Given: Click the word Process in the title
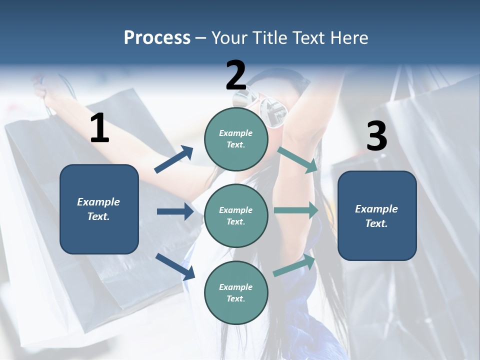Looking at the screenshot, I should [157, 38].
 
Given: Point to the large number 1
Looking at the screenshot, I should [99, 128].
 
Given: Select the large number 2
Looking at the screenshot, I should [236, 75].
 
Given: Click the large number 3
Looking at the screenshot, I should [376, 136].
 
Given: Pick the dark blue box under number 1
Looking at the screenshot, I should [99, 209].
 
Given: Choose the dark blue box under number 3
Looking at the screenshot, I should [377, 215].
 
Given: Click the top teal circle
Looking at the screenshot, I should [236, 139].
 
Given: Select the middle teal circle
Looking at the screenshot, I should [236, 215].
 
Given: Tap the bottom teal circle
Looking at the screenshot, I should [236, 292].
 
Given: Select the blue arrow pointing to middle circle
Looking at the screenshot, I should [175, 211].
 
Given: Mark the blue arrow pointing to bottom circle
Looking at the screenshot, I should [175, 266].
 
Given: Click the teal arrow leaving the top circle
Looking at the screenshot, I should [297, 160].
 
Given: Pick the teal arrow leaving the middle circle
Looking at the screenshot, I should [296, 210].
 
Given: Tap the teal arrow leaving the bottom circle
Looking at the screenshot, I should [294, 265].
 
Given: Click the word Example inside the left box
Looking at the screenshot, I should [98, 202].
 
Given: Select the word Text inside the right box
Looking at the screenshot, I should [376, 223].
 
